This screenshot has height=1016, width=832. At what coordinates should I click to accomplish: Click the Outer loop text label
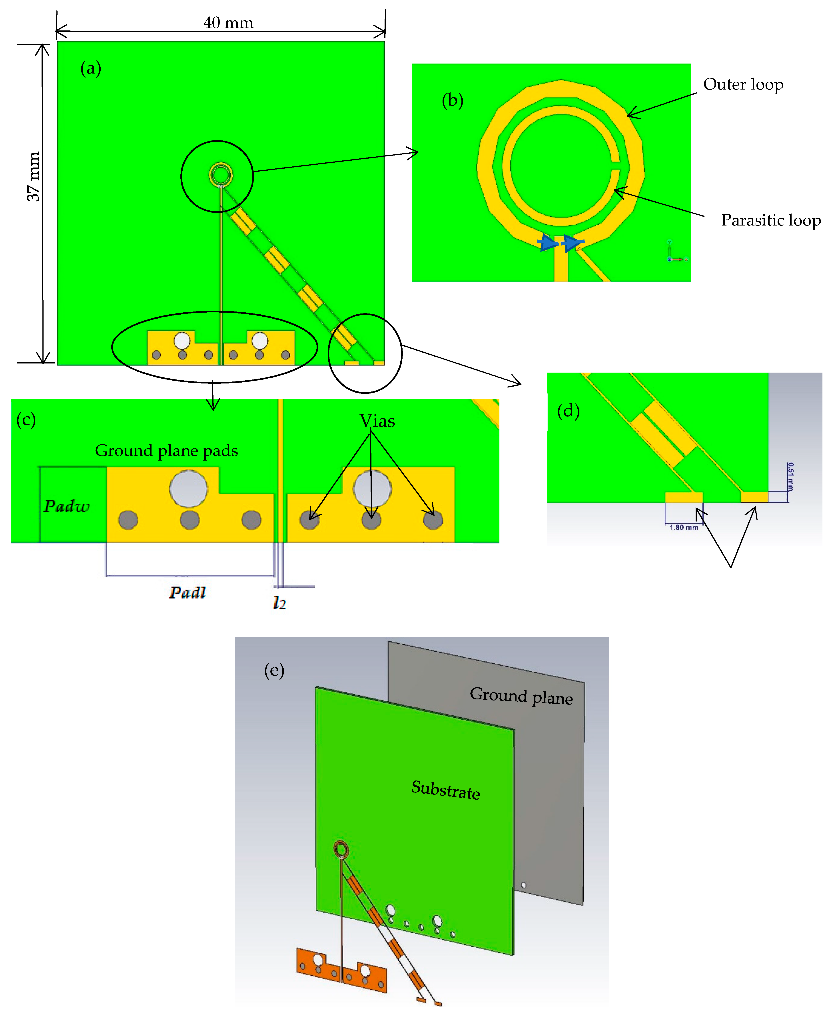pyautogui.click(x=743, y=84)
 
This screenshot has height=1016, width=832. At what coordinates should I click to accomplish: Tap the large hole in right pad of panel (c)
pyautogui.click(x=372, y=488)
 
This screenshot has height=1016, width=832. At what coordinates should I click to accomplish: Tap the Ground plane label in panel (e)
pyautogui.click(x=521, y=696)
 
